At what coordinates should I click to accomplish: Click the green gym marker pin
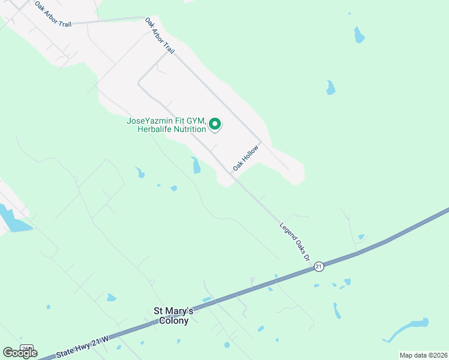click(215, 124)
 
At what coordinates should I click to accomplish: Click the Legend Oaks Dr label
click(295, 241)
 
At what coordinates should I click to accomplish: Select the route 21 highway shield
click(319, 266)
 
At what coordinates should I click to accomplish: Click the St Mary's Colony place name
click(174, 316)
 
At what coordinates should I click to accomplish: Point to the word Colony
click(174, 321)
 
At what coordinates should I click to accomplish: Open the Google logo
click(20, 353)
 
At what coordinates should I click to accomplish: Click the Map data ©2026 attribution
click(423, 355)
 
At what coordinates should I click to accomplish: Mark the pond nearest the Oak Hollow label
click(196, 165)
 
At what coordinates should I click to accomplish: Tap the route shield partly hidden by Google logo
click(26, 347)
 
